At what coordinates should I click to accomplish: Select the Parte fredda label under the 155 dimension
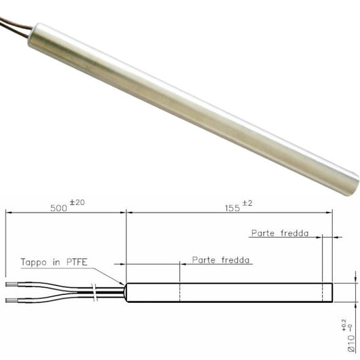click(279, 233)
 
